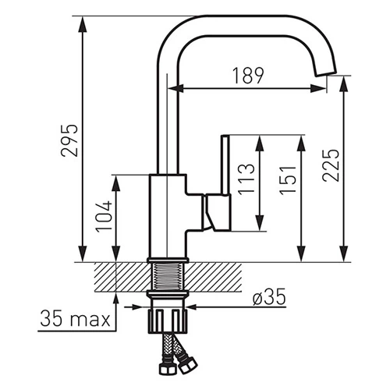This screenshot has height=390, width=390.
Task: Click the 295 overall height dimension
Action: (x=69, y=140)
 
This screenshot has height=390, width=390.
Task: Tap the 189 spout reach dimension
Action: (x=248, y=76)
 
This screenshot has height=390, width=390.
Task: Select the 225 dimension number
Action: (x=331, y=165)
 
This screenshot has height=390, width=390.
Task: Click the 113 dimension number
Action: (x=246, y=179)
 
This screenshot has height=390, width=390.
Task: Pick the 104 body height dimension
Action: (x=104, y=217)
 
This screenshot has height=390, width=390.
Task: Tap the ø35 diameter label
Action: (x=269, y=296)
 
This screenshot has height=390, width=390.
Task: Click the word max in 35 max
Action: (x=90, y=320)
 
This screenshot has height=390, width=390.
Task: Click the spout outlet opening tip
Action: (x=326, y=73)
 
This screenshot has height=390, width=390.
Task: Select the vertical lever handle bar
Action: (x=225, y=165)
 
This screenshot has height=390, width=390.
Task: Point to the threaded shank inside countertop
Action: (x=168, y=277)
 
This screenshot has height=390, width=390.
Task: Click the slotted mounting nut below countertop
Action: (x=168, y=321)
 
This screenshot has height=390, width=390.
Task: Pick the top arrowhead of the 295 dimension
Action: (x=83, y=24)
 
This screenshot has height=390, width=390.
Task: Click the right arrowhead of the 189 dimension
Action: (x=318, y=88)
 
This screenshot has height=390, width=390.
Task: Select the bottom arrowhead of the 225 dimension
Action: (x=344, y=253)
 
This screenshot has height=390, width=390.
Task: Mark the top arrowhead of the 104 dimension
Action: (x=116, y=183)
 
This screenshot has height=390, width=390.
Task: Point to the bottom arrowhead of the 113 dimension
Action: (x=260, y=223)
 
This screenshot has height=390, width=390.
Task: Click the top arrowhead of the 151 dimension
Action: (x=301, y=143)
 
